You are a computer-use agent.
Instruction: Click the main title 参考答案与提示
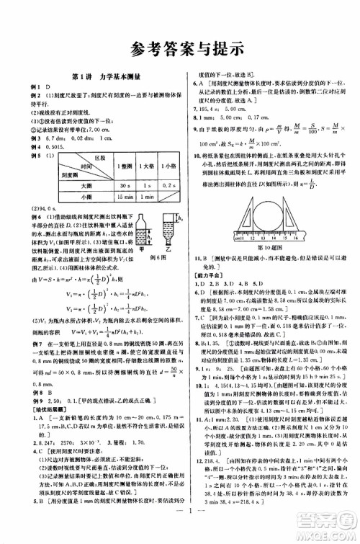point(180,48)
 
